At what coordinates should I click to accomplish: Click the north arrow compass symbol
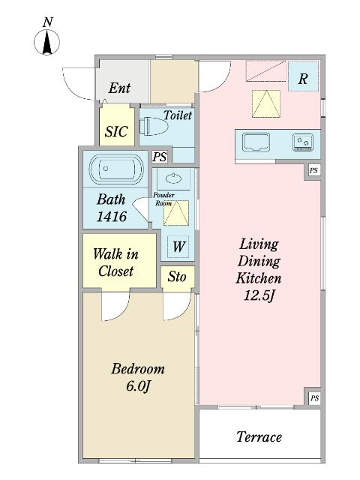pos(46,43)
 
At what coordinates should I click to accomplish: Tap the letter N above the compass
pos(48,22)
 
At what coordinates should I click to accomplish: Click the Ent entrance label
pos(119,88)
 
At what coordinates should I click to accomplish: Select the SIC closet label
pos(116,132)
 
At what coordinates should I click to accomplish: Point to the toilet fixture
pos(153,126)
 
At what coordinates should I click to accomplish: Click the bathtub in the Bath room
pos(116,169)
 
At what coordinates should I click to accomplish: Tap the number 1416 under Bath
pos(112,217)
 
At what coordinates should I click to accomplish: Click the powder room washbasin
pos(173,178)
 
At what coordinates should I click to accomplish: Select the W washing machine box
pos(178,247)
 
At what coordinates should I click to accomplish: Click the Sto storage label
pos(177,277)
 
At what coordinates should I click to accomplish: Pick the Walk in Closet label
pos(115,262)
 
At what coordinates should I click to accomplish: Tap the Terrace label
pos(259,436)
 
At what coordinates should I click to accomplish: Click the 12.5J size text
pos(259,295)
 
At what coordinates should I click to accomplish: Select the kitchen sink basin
pos(256,142)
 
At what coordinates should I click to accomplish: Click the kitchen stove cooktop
pos(303,142)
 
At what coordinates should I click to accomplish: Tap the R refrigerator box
pos(303,76)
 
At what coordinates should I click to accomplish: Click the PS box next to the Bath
pos(160,157)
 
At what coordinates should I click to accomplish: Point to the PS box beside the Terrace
pos(314,398)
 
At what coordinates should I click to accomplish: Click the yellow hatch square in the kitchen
pos(266,103)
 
